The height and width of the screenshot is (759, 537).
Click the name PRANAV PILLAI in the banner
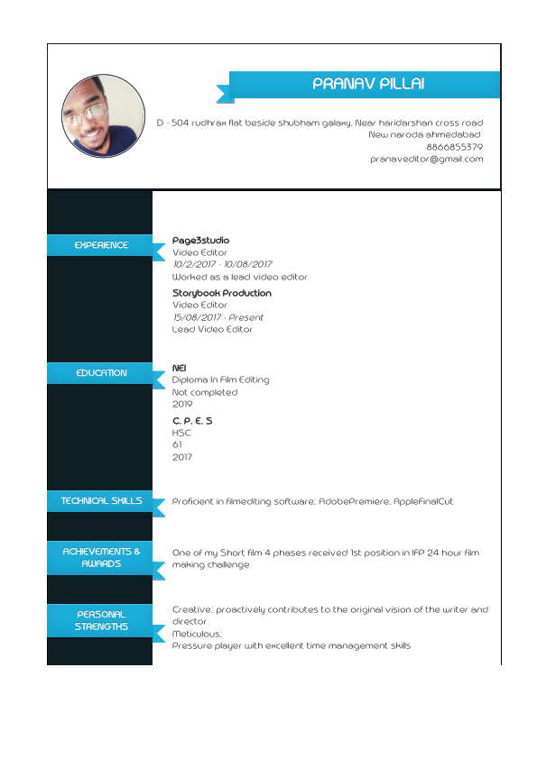click(x=367, y=85)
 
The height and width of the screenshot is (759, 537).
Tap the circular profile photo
click(x=103, y=116)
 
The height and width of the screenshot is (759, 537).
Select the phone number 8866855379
click(x=454, y=147)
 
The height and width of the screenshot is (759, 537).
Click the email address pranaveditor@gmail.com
click(x=426, y=159)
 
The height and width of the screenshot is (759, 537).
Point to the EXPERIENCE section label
click(x=101, y=245)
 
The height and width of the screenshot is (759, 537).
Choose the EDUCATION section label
click(x=101, y=373)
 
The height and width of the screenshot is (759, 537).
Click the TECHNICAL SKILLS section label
click(x=101, y=501)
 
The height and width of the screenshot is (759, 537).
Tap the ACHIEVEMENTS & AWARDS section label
click(x=101, y=557)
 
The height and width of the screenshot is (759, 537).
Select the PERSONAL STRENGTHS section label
click(x=101, y=620)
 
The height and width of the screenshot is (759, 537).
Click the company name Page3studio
click(x=200, y=241)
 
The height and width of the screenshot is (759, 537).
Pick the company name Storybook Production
click(x=221, y=293)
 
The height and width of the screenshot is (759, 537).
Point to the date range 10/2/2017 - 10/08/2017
click(x=222, y=264)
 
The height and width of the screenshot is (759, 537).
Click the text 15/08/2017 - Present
click(x=218, y=317)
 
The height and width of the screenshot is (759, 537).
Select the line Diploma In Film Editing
click(x=220, y=379)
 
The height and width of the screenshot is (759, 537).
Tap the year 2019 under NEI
click(x=182, y=405)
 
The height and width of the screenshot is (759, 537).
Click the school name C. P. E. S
click(x=192, y=421)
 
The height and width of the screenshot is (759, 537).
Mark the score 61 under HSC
click(x=177, y=444)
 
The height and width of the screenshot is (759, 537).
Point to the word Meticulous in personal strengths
click(x=196, y=634)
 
